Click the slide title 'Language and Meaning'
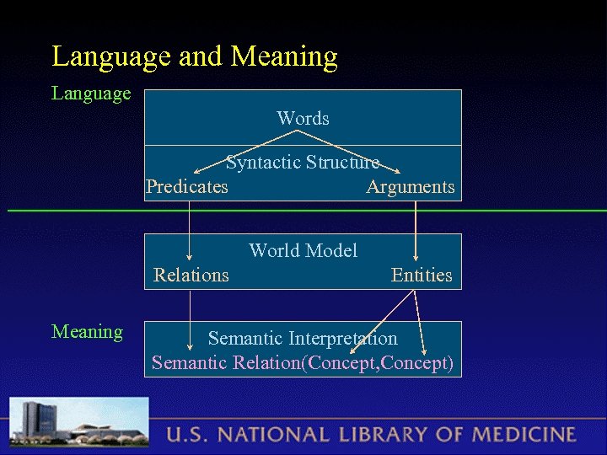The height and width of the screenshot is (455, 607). point(195,56)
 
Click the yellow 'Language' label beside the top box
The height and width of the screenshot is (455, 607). point(91,93)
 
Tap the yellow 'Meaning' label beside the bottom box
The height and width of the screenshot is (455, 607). point(87,332)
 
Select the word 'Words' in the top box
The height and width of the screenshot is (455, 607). point(303,119)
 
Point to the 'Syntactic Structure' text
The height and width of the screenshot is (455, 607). point(303,162)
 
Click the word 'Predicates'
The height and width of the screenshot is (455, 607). point(186,187)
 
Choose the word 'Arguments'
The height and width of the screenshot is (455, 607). point(410,187)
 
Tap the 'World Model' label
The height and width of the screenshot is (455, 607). point(303,250)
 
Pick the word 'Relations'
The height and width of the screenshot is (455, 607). point(191,276)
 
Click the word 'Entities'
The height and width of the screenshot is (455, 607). point(422,276)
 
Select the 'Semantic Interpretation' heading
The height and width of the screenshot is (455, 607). point(303,339)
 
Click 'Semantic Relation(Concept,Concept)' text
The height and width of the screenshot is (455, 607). point(303,363)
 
